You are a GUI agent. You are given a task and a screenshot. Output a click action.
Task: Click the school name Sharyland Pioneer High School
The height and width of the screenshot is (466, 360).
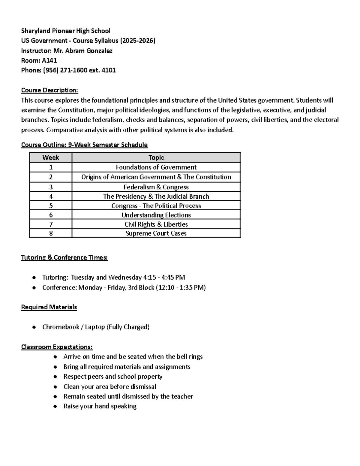65,31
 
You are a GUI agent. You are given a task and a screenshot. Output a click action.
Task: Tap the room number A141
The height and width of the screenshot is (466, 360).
49,61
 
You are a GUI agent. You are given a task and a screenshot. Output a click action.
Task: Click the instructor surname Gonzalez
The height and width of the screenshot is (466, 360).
99,51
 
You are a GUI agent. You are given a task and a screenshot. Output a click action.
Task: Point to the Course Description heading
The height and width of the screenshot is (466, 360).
49,90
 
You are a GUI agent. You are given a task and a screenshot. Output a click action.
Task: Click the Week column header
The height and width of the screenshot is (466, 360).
50,158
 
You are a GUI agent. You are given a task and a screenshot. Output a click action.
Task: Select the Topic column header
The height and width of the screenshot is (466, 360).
156,158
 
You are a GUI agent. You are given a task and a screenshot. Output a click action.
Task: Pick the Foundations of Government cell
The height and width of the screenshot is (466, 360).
156,167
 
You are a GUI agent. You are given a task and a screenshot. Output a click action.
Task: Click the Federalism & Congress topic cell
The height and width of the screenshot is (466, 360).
156,187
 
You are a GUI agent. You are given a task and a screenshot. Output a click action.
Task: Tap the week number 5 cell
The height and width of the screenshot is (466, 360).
51,206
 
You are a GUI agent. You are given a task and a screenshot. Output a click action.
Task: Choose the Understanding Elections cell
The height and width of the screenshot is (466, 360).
156,215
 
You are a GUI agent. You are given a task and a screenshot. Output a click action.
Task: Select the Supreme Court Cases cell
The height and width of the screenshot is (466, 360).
156,233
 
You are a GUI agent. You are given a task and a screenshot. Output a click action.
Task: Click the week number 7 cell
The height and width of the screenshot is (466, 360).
51,224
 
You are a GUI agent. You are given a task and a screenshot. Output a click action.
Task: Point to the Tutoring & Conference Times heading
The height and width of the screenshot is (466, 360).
64,257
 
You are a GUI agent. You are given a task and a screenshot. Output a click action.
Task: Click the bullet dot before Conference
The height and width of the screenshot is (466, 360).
34,288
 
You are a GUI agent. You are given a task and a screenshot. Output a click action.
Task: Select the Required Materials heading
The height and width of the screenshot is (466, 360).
49,307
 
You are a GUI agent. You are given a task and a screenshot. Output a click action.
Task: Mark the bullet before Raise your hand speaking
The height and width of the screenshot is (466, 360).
55,407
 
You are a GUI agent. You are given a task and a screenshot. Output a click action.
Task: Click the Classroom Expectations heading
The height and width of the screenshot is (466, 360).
57,347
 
